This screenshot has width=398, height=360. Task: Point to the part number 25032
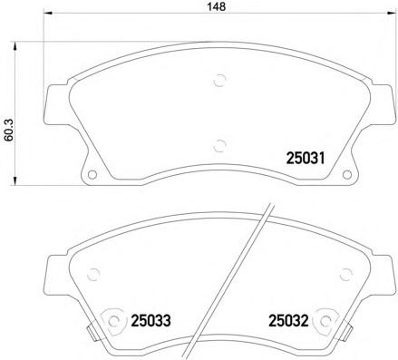pos(287,319)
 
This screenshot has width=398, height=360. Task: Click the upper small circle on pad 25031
pos(218,79)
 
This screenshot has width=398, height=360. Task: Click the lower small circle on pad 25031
pos(218,141)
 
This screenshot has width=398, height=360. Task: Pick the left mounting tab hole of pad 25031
pos(90,174)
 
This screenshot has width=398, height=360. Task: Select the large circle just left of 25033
pos(112,319)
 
